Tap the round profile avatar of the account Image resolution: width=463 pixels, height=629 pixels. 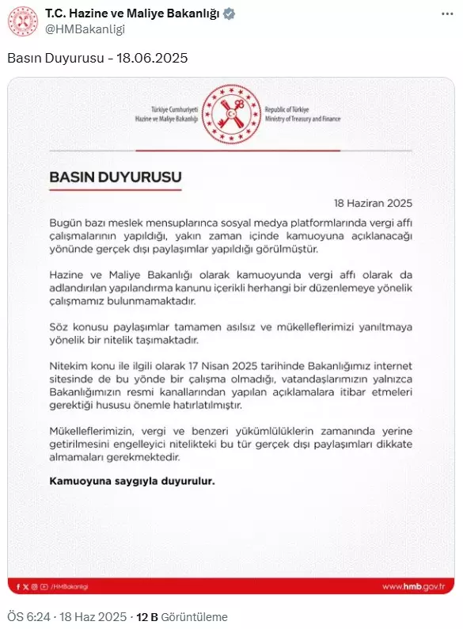tap(23, 21)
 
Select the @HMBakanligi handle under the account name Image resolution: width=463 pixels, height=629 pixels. tap(85, 29)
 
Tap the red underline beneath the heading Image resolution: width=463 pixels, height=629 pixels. tap(116, 190)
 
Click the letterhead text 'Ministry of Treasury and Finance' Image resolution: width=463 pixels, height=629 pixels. tap(304, 119)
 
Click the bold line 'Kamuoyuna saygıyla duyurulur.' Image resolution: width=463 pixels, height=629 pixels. tap(132, 481)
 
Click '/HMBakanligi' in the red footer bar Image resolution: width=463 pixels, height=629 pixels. tap(73, 586)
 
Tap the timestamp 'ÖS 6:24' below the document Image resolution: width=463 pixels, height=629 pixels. tap(28, 616)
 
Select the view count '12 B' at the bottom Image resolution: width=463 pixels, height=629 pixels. tap(147, 616)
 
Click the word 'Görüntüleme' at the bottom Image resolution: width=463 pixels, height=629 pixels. tap(194, 616)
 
